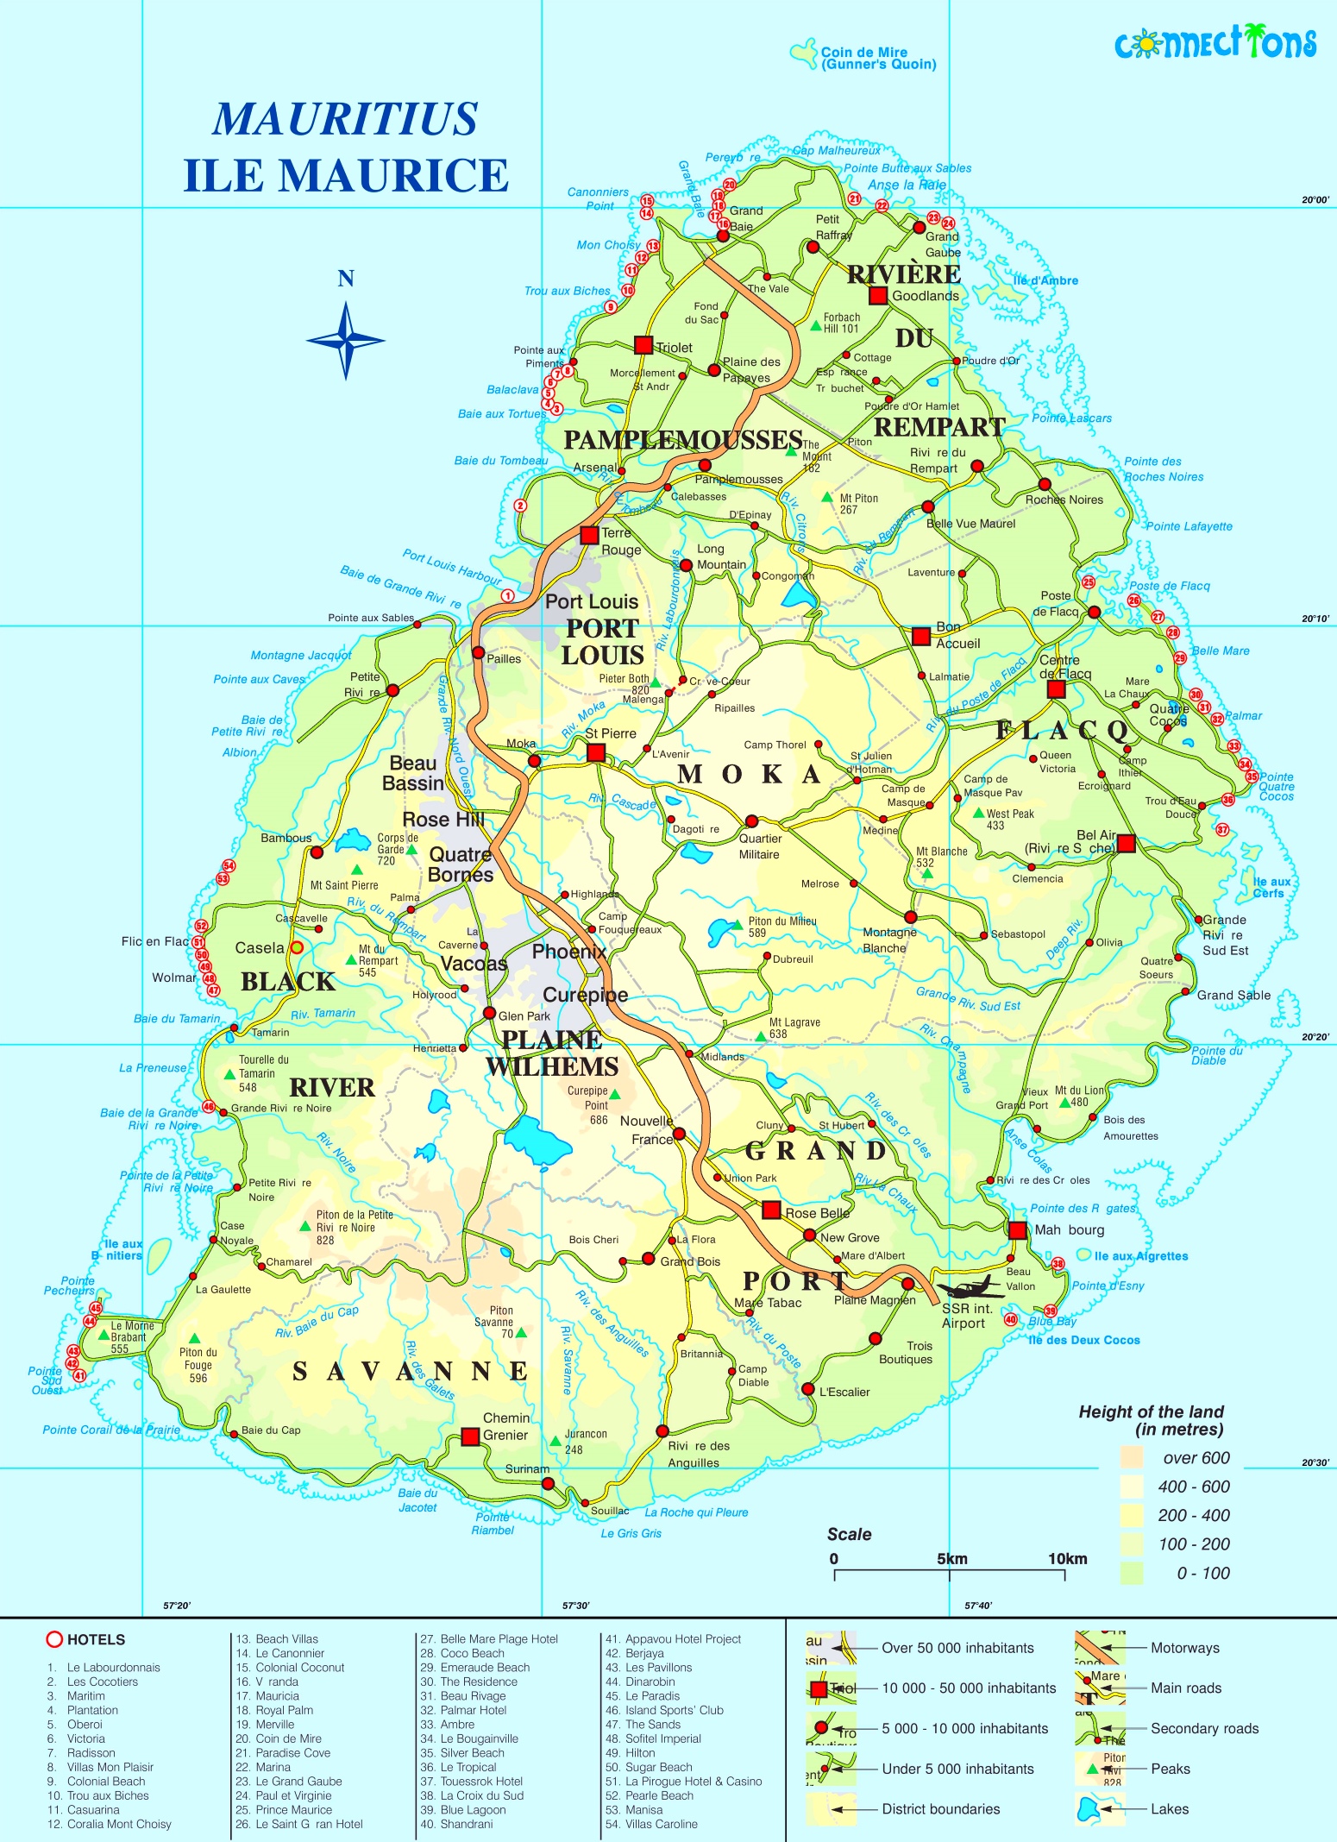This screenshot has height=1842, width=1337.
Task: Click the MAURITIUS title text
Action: (345, 119)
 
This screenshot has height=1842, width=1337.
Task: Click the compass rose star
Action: (346, 340)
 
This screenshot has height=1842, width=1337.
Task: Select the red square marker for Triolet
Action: (643, 345)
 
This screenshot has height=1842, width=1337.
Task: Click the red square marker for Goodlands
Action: (878, 296)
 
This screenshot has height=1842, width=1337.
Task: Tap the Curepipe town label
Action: (585, 995)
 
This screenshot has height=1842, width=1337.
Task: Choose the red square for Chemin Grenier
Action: (470, 1437)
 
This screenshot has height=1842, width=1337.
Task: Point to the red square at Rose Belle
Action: (772, 1210)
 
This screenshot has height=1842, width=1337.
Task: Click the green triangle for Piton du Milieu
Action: (738, 924)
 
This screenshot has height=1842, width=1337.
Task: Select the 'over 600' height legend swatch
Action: (1132, 1458)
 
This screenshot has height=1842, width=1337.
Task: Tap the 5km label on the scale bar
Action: (951, 1559)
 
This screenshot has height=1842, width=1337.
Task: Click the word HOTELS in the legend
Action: (96, 1639)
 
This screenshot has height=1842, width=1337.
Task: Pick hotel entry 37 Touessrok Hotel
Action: (472, 1781)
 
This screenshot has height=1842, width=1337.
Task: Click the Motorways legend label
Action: (1184, 1647)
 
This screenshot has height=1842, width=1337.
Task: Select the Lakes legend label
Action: (1169, 1808)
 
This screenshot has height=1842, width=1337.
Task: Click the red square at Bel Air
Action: (1126, 844)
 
